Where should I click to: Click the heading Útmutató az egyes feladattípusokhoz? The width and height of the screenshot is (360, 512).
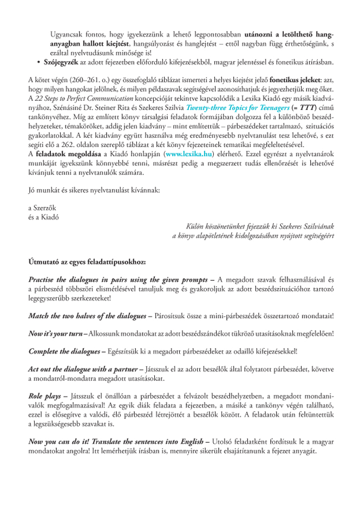pyautogui.click(x=86, y=262)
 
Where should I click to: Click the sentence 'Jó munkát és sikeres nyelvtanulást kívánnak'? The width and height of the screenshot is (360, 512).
pyautogui.click(x=94, y=190)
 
